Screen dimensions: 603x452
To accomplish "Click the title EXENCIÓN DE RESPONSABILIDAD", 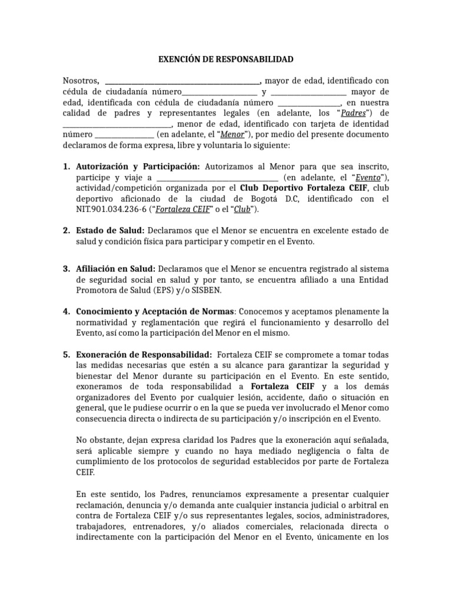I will point(226,59).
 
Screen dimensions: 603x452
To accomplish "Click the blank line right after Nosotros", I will point(182,81).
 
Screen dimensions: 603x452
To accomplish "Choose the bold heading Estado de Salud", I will point(111,230).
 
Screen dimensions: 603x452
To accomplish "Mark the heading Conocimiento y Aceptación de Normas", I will point(155,311).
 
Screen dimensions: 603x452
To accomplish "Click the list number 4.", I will point(67,311).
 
